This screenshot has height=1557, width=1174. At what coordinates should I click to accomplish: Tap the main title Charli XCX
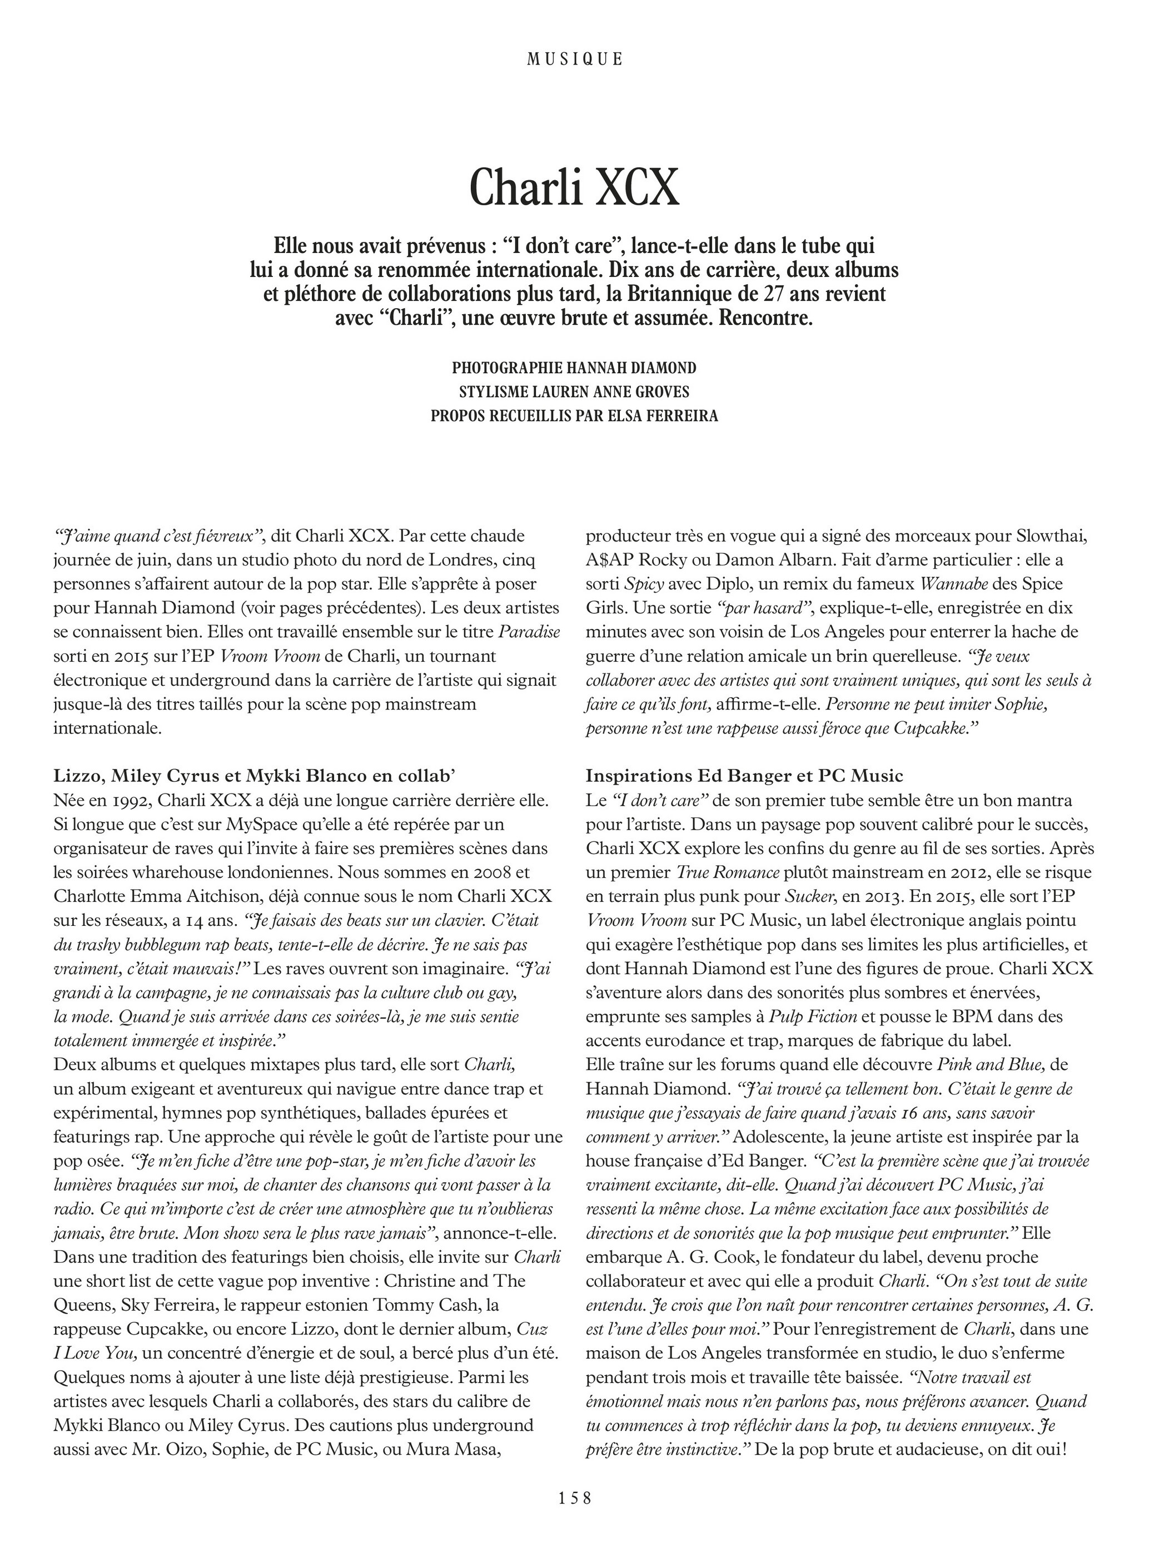point(574,187)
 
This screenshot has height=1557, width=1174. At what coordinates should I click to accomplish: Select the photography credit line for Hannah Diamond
point(574,368)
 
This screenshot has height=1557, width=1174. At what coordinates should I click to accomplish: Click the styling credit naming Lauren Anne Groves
point(574,391)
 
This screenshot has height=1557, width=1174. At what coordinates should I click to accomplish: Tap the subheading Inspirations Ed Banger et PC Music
point(744,776)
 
